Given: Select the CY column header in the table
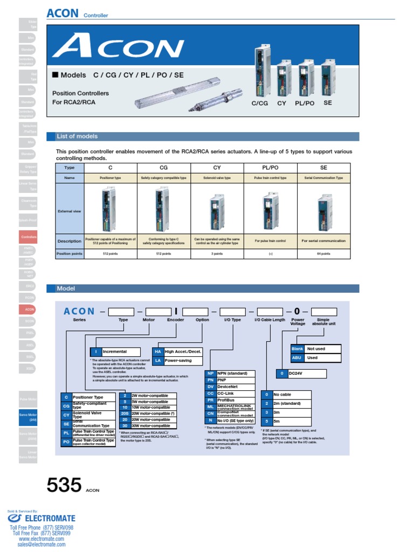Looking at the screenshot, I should pyautogui.click(x=217, y=168).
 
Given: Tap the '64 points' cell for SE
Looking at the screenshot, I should pyautogui.click(x=323, y=253).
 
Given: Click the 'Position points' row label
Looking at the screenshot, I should pyautogui.click(x=70, y=253).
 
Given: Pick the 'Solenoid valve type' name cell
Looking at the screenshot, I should pyautogui.click(x=217, y=177).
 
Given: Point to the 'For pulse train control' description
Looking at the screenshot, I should pyautogui.click(x=270, y=241).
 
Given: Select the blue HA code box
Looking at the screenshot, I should pyautogui.click(x=158, y=351).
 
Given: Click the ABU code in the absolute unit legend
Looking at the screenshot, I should pyautogui.click(x=297, y=357).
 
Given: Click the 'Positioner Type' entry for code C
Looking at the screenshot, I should pyautogui.click(x=87, y=397).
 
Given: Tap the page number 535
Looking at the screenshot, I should pyautogui.click(x=64, y=486).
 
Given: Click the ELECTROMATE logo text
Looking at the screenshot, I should pyautogui.click(x=49, y=519).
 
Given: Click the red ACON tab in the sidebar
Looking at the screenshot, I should pyautogui.click(x=29, y=309).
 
